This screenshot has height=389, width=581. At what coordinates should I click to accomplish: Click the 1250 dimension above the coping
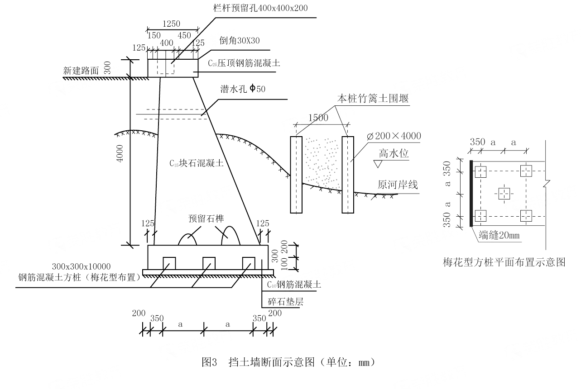tap(171, 24)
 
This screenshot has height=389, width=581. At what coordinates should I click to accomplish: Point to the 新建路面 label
tap(80, 71)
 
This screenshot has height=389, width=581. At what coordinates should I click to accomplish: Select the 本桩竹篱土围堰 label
tap(373, 98)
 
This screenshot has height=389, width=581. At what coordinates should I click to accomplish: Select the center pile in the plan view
tap(503, 194)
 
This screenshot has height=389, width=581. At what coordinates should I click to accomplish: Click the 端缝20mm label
tap(500, 235)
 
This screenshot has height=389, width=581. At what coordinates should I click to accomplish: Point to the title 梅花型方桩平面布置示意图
tap(504, 262)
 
